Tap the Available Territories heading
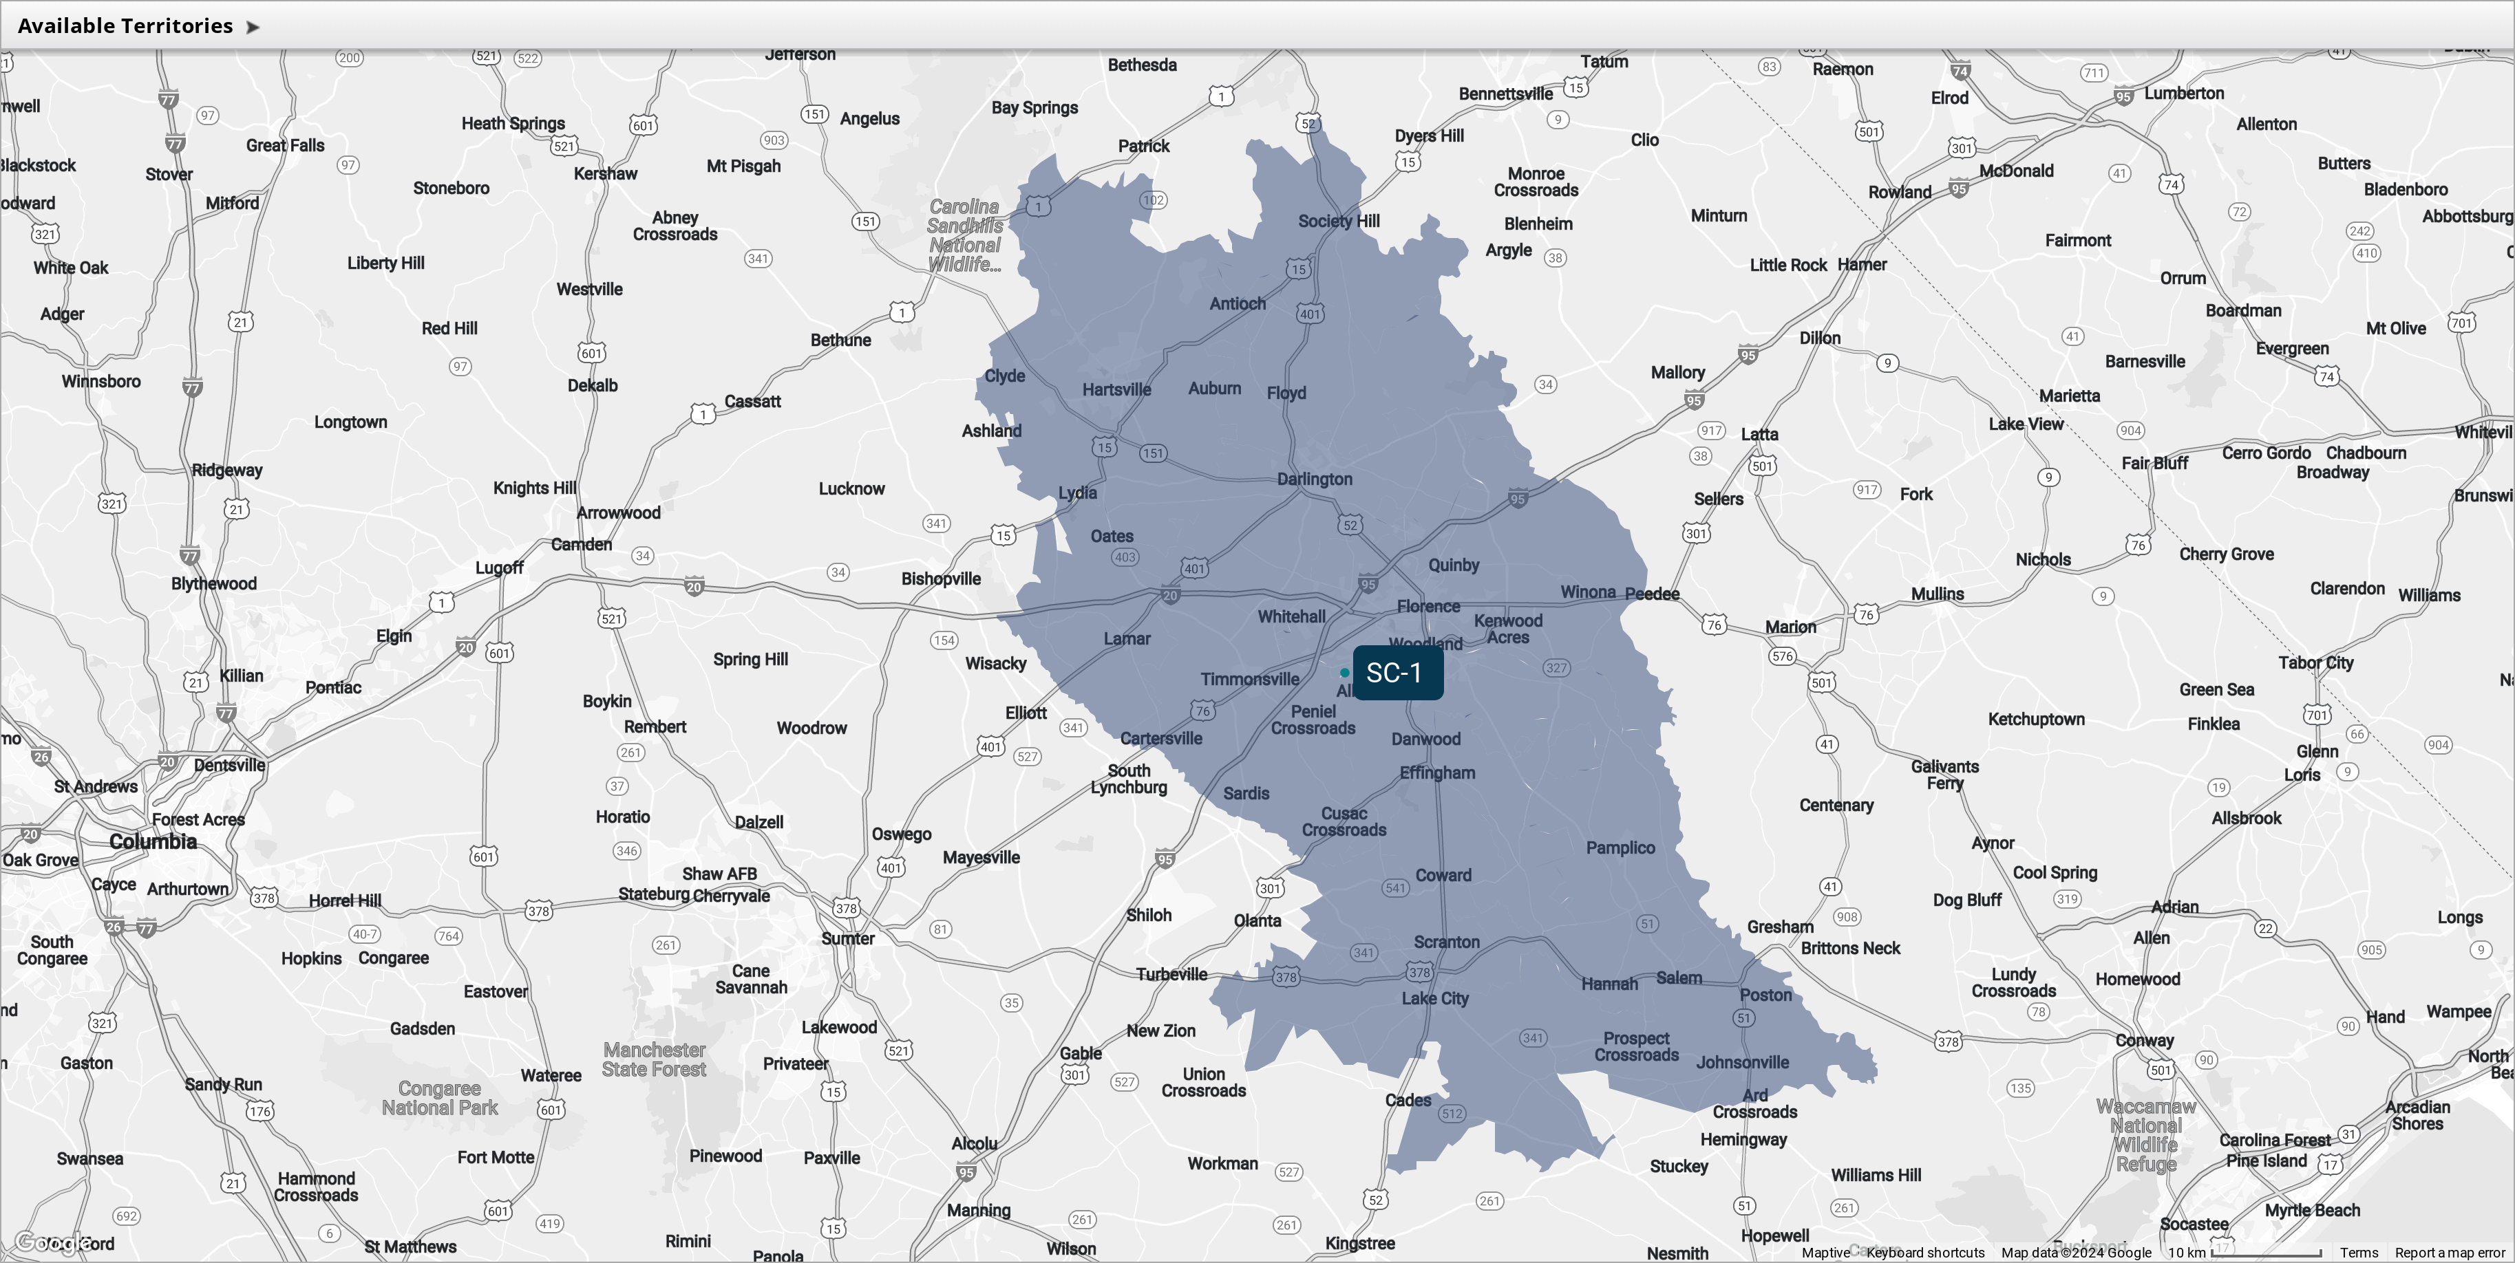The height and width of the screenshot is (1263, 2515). point(125,26)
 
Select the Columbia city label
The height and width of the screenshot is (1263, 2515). point(153,841)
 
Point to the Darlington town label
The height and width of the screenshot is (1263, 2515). point(1314,479)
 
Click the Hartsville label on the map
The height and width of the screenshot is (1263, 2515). point(1116,389)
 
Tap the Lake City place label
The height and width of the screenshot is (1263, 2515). point(1434,998)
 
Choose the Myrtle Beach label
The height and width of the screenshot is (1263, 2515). point(2312,1210)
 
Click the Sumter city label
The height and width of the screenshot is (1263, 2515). point(847,939)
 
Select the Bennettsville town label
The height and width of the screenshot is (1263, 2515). point(1505,94)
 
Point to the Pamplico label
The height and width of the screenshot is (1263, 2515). point(1620,848)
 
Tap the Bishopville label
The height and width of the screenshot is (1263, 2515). point(940,579)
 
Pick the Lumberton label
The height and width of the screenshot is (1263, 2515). point(2184,94)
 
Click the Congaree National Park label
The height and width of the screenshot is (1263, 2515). point(439,1098)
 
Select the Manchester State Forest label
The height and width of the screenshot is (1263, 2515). point(654,1059)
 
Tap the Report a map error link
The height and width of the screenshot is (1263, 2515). point(2450,1252)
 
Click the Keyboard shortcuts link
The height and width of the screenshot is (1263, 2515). point(1925,1252)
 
